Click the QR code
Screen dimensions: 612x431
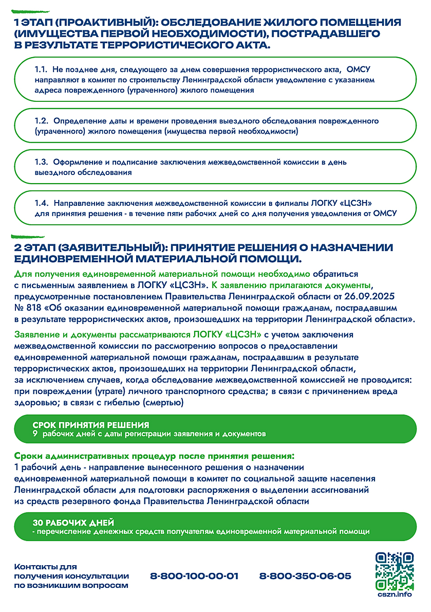[394, 571]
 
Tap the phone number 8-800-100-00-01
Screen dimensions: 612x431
[194, 576]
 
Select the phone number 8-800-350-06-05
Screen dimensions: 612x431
[305, 576]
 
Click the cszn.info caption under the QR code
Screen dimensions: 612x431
[395, 594]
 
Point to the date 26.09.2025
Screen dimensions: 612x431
[369, 296]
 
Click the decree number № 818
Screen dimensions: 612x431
[28, 308]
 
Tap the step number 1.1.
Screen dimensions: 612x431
[41, 70]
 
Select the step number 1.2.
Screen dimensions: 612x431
[41, 121]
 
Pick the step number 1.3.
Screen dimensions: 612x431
[41, 162]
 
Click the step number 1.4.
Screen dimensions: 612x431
[41, 203]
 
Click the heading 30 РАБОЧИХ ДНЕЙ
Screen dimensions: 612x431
[73, 522]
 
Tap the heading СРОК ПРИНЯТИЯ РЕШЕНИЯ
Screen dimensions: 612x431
[91, 425]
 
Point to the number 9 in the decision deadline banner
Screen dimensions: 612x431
[35, 434]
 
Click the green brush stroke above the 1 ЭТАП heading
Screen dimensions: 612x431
[30, 12]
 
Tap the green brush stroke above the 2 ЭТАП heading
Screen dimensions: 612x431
[28, 236]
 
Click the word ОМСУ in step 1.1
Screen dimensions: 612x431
[358, 70]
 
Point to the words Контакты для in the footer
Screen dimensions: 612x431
[45, 567]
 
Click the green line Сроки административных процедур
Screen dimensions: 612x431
[154, 456]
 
